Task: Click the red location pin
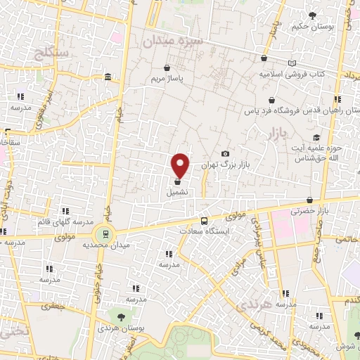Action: click(x=181, y=165)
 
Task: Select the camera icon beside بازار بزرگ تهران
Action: click(x=225, y=154)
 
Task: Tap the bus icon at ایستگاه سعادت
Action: click(x=204, y=221)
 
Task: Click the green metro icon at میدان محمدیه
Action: click(x=105, y=234)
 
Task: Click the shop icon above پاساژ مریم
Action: click(x=164, y=69)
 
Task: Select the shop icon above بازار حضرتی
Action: click(x=311, y=199)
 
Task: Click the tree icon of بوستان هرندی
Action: click(x=122, y=318)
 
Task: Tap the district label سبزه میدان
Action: click(x=173, y=41)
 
